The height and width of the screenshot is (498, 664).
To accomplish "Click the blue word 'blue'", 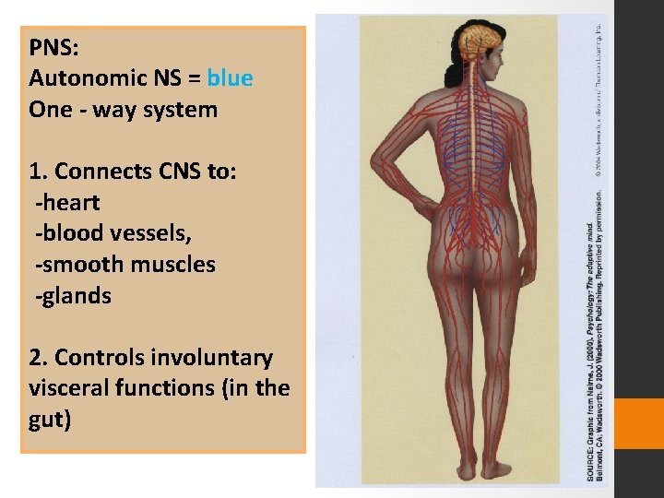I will tap(230, 78).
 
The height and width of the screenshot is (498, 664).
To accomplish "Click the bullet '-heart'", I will tap(67, 202).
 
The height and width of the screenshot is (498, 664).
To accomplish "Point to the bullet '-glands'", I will tap(73, 296).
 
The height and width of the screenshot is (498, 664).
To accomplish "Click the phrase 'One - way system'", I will tap(123, 110).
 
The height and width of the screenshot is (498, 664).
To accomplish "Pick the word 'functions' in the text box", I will tap(184, 389).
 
